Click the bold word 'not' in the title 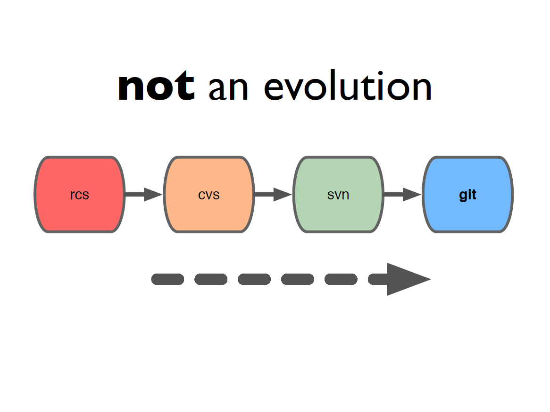[156, 85]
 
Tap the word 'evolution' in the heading [348, 85]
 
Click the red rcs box [80, 194]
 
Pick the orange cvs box [209, 194]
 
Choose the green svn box [339, 194]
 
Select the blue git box [468, 194]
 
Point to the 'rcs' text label [80, 195]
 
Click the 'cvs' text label [208, 195]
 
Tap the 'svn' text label [338, 195]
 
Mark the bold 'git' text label [467, 195]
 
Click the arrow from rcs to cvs [144, 194]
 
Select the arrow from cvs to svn [273, 194]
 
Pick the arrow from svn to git [403, 194]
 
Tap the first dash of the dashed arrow [167, 279]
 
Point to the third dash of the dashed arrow [254, 279]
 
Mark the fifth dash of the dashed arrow [341, 279]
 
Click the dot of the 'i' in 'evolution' [381, 73]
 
